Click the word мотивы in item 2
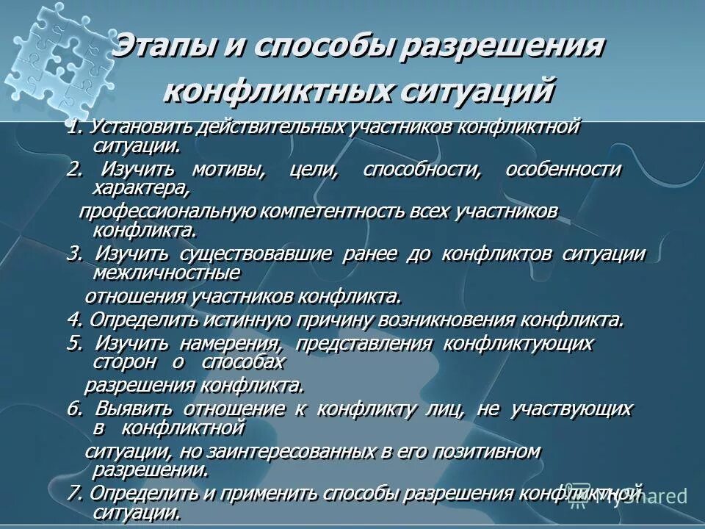click(228, 170)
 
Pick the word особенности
click(563, 170)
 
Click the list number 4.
click(72, 320)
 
